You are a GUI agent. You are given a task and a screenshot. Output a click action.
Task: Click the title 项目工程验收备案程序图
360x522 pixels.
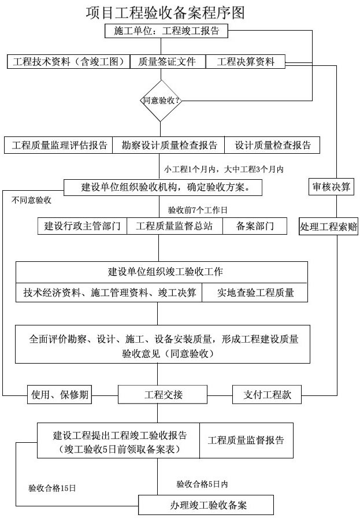point(161,12)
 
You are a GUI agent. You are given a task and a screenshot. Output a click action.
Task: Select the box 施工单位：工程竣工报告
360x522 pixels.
point(167,31)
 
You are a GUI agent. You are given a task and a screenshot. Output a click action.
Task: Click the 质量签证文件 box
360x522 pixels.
point(167,61)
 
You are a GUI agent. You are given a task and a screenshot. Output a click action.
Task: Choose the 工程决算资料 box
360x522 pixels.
point(246,61)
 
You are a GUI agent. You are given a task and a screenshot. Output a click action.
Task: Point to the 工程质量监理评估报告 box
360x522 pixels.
point(59,145)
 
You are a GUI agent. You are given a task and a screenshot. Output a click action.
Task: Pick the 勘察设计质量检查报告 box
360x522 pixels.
point(169,145)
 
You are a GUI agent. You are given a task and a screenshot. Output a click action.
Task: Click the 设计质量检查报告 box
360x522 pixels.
point(273,145)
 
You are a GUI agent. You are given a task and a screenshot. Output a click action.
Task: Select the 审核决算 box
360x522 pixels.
point(331,187)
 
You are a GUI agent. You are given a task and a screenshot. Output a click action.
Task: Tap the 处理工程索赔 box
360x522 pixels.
point(329,227)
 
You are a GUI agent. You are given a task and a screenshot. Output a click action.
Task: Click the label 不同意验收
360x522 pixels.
point(31,201)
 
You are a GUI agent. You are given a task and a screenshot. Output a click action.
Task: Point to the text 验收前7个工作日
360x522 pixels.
point(198,209)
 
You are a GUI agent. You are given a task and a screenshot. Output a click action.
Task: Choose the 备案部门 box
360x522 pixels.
point(255,226)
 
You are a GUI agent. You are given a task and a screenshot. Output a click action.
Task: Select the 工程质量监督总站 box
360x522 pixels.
point(174,226)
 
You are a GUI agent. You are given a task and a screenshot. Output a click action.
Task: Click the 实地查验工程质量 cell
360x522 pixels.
point(255,293)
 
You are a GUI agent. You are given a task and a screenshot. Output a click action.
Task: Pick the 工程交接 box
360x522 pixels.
point(163,395)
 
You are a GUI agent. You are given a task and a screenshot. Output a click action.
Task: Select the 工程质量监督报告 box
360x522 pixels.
point(246,440)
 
